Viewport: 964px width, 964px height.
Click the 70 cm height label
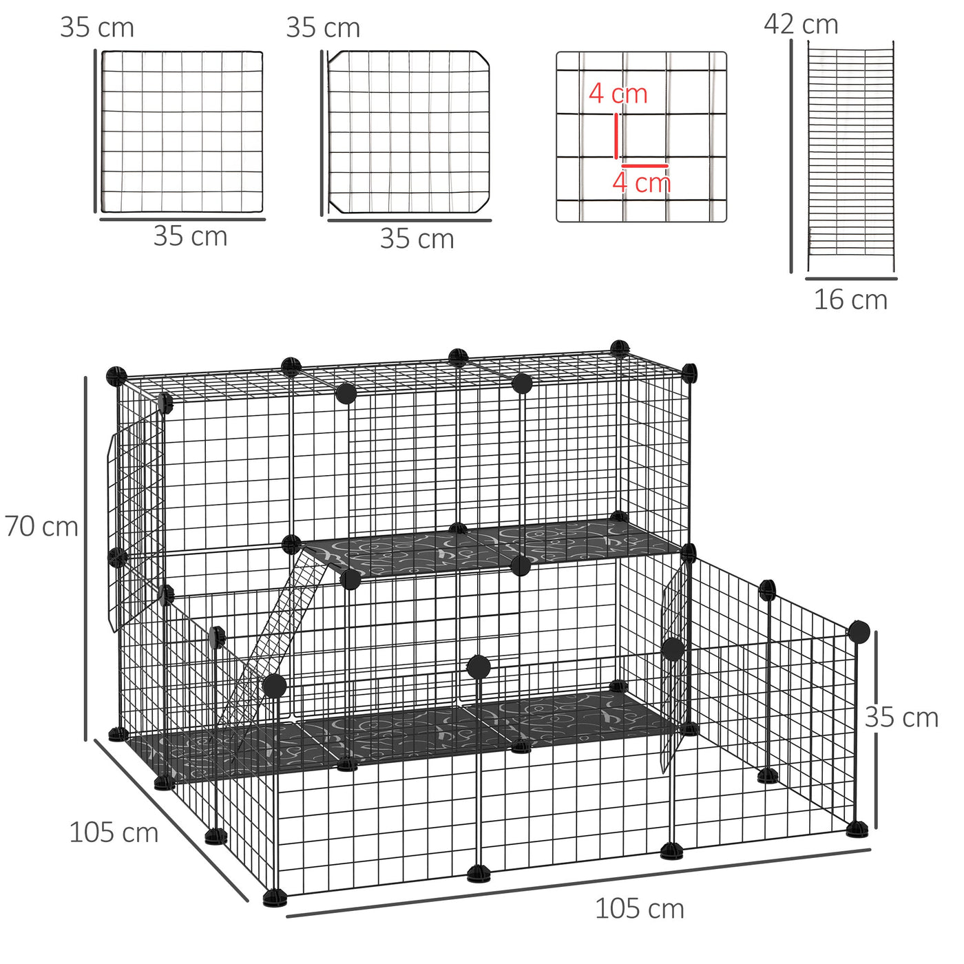coord(41,527)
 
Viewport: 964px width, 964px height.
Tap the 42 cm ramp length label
coord(801,24)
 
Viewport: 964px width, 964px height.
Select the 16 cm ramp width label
coord(850,300)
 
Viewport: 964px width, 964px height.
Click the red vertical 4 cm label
coord(618,94)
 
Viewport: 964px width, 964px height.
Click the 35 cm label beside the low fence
coord(901,717)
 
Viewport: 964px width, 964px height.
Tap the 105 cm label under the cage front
coord(639,908)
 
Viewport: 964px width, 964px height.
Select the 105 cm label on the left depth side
coord(114,832)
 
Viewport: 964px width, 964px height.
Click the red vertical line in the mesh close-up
coord(616,136)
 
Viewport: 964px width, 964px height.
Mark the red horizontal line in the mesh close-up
coord(645,165)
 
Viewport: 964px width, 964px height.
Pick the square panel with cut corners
coord(409,132)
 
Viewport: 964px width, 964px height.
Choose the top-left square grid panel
coord(182,132)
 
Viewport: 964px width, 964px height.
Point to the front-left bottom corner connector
coord(275,897)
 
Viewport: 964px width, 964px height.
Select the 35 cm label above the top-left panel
coord(97,28)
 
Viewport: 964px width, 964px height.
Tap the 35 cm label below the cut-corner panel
coord(417,239)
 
